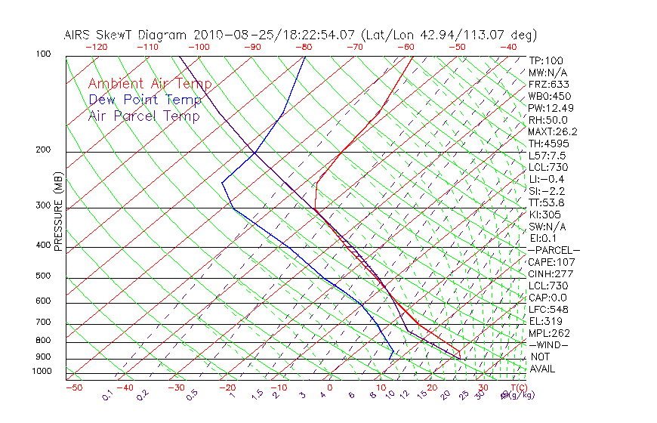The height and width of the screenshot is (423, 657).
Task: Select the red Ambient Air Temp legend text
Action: click(150, 84)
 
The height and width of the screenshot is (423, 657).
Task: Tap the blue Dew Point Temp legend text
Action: click(145, 100)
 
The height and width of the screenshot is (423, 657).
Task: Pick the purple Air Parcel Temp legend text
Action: click(143, 116)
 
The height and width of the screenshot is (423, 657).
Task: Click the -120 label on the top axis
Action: click(96, 47)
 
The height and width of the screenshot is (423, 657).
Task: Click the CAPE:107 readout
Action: click(549, 262)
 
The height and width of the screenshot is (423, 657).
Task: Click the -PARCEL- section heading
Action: click(554, 250)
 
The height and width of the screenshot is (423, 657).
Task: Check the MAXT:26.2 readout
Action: click(551, 132)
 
